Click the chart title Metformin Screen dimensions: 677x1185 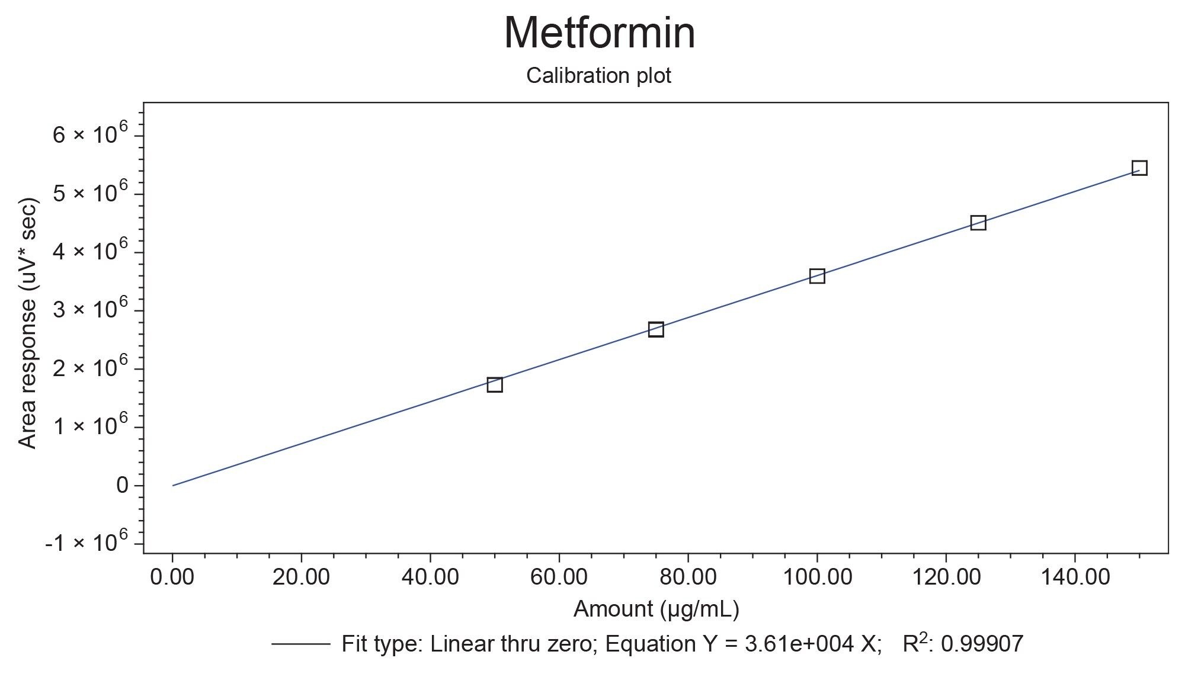coord(599,33)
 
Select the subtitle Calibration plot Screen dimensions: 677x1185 coord(598,76)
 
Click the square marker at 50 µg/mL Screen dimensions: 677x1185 coord(495,384)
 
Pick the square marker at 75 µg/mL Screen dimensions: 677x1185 coord(656,329)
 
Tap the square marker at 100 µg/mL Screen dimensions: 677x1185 coord(817,276)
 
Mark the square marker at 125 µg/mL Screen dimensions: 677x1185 coord(978,223)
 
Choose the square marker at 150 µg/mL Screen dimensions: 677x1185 coord(1139,168)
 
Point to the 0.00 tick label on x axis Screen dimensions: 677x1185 coord(172,576)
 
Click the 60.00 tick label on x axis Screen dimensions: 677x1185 coord(559,576)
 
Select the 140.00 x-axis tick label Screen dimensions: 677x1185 coord(1074,576)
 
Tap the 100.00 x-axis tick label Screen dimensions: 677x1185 coord(817,576)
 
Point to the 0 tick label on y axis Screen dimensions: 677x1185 coord(122,486)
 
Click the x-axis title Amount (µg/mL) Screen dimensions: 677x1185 coord(656,609)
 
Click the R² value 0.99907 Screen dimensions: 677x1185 coord(982,644)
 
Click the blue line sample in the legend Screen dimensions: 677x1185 coord(300,644)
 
